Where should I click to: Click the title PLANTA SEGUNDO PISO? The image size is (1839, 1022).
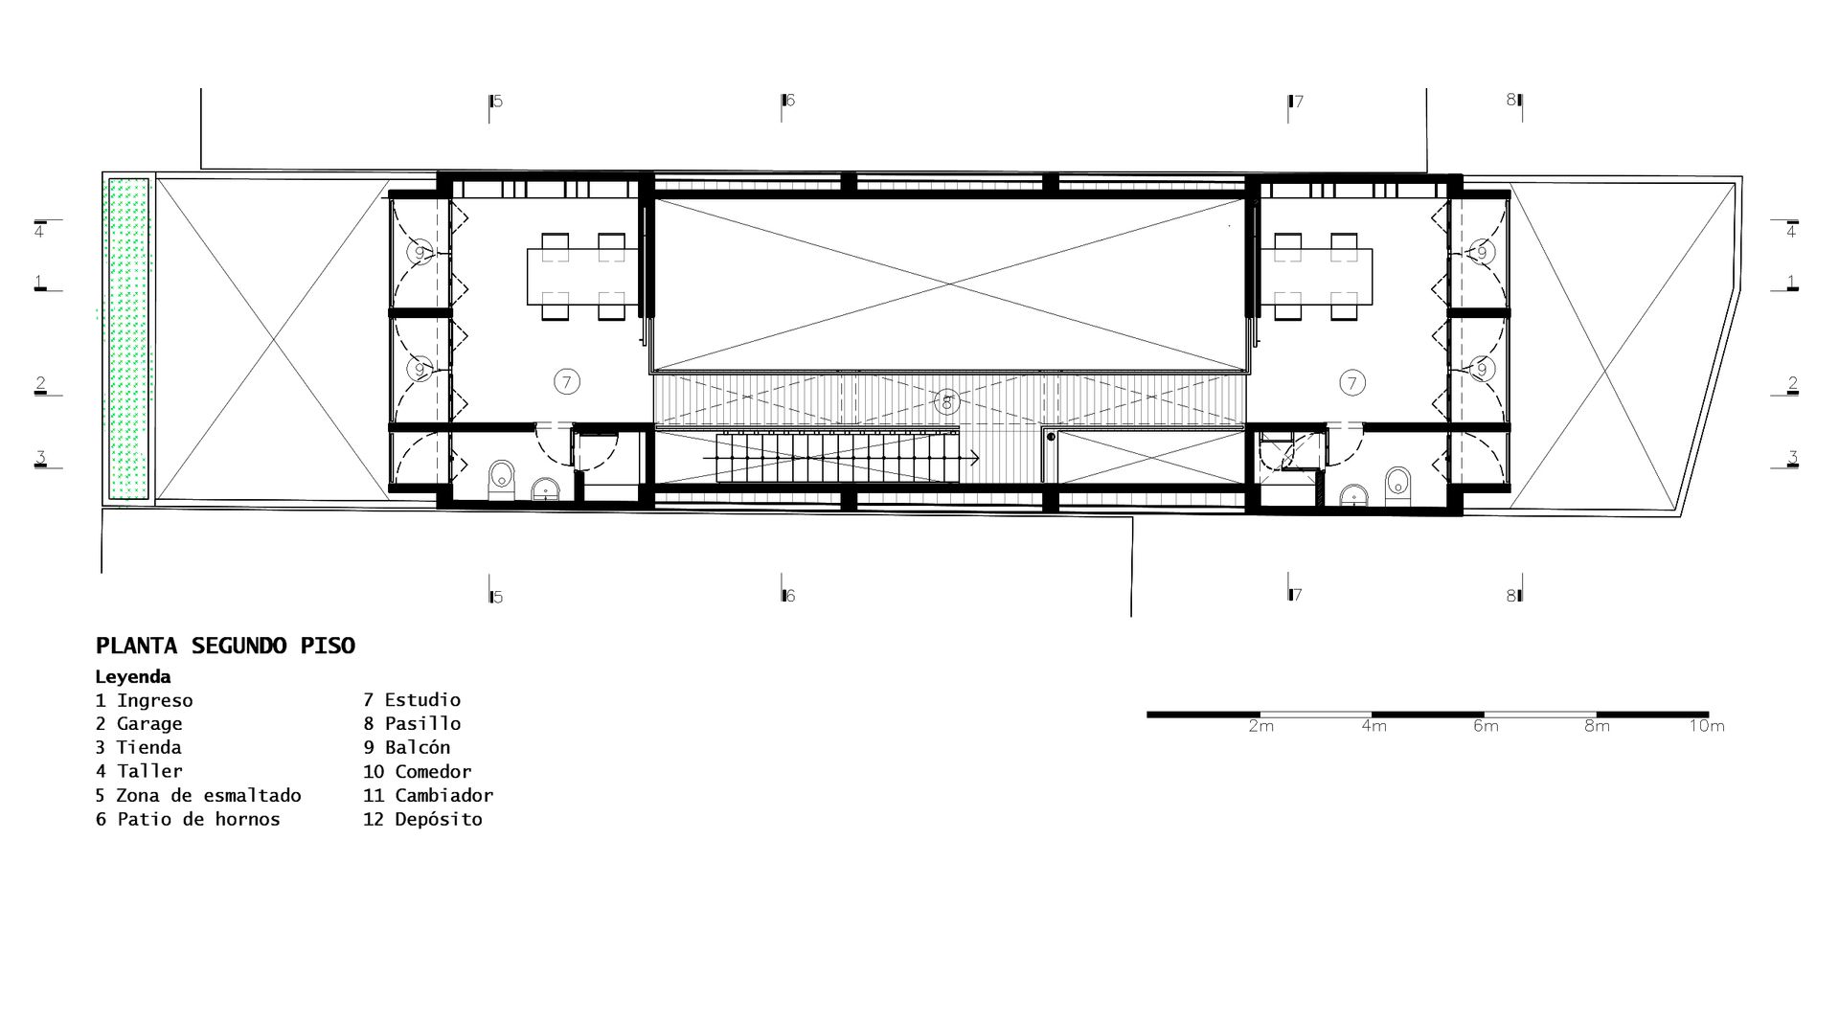pyautogui.click(x=225, y=646)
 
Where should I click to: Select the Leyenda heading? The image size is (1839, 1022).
pyautogui.click(x=133, y=677)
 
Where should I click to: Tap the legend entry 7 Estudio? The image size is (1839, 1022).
pyautogui.click(x=412, y=700)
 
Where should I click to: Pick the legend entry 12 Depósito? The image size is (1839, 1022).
pyautogui.click(x=422, y=819)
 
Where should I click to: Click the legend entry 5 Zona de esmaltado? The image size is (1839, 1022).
pyautogui.click(x=198, y=796)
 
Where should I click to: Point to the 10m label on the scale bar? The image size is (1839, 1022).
pyautogui.click(x=1706, y=726)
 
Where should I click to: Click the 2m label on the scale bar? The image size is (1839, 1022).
pyautogui.click(x=1261, y=726)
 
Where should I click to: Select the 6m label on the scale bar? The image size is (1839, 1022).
pyautogui.click(x=1486, y=726)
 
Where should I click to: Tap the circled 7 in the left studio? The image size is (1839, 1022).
pyautogui.click(x=567, y=382)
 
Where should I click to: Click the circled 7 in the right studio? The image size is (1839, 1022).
pyautogui.click(x=1351, y=384)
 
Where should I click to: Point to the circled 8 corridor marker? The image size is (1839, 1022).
pyautogui.click(x=946, y=402)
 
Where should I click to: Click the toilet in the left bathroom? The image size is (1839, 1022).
pyautogui.click(x=501, y=480)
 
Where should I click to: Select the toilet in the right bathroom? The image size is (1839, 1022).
pyautogui.click(x=1398, y=485)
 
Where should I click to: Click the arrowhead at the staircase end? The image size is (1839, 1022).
pyautogui.click(x=974, y=459)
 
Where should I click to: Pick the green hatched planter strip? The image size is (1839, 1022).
pyautogui.click(x=129, y=338)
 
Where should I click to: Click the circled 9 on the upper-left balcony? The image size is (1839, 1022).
pyautogui.click(x=419, y=253)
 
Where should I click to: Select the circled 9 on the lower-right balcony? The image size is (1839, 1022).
pyautogui.click(x=1482, y=369)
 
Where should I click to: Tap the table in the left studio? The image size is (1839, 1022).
pyautogui.click(x=582, y=276)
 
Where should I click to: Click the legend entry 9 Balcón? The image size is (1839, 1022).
pyautogui.click(x=406, y=748)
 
